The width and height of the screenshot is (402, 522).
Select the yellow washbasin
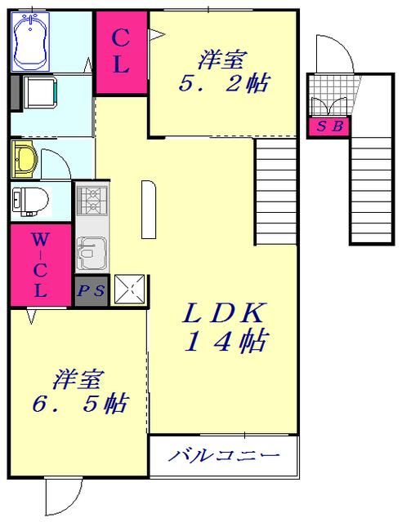coord(24,157)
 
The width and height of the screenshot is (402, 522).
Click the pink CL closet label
coord(120,51)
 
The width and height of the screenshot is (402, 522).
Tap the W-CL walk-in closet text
coord(40,265)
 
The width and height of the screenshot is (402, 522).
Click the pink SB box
coord(329,126)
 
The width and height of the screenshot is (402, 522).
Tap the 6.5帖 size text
coord(79,403)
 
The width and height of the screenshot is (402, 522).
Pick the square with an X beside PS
coord(130,288)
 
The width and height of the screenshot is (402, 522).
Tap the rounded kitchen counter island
coord(147,210)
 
